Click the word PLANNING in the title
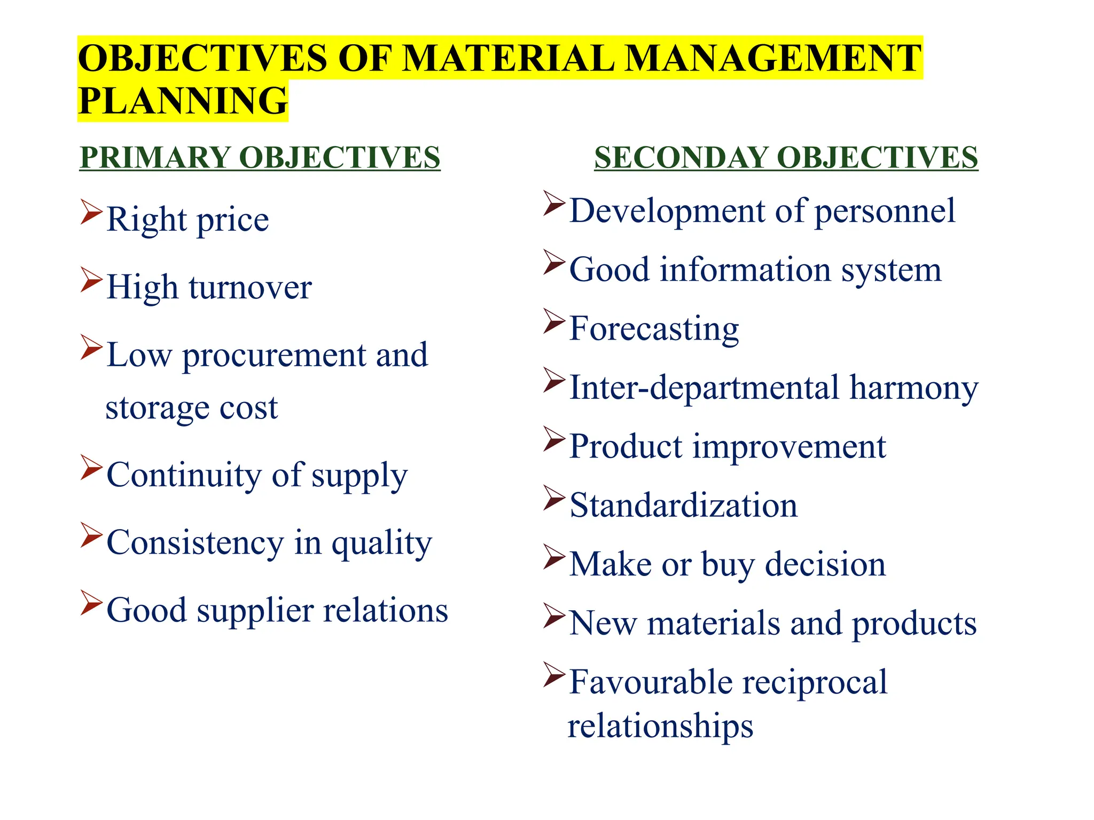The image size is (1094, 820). pyautogui.click(x=183, y=101)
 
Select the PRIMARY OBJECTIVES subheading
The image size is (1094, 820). pyautogui.click(x=260, y=157)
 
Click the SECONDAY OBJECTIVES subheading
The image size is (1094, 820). pyautogui.click(x=786, y=157)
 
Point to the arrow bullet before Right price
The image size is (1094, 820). pyautogui.click(x=91, y=212)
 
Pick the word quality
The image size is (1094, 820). pyautogui.click(x=381, y=543)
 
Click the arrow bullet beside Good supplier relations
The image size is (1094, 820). pyautogui.click(x=91, y=603)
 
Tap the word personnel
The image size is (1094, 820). pyautogui.click(x=885, y=211)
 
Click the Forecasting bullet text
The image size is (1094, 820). pyautogui.click(x=654, y=329)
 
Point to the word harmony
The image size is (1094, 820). pyautogui.click(x=914, y=388)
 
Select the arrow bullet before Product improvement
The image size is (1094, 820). pyautogui.click(x=554, y=439)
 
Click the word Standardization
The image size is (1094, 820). pyautogui.click(x=683, y=506)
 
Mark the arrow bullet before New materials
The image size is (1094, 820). pyautogui.click(x=554, y=616)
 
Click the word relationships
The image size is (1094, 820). pyautogui.click(x=660, y=726)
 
